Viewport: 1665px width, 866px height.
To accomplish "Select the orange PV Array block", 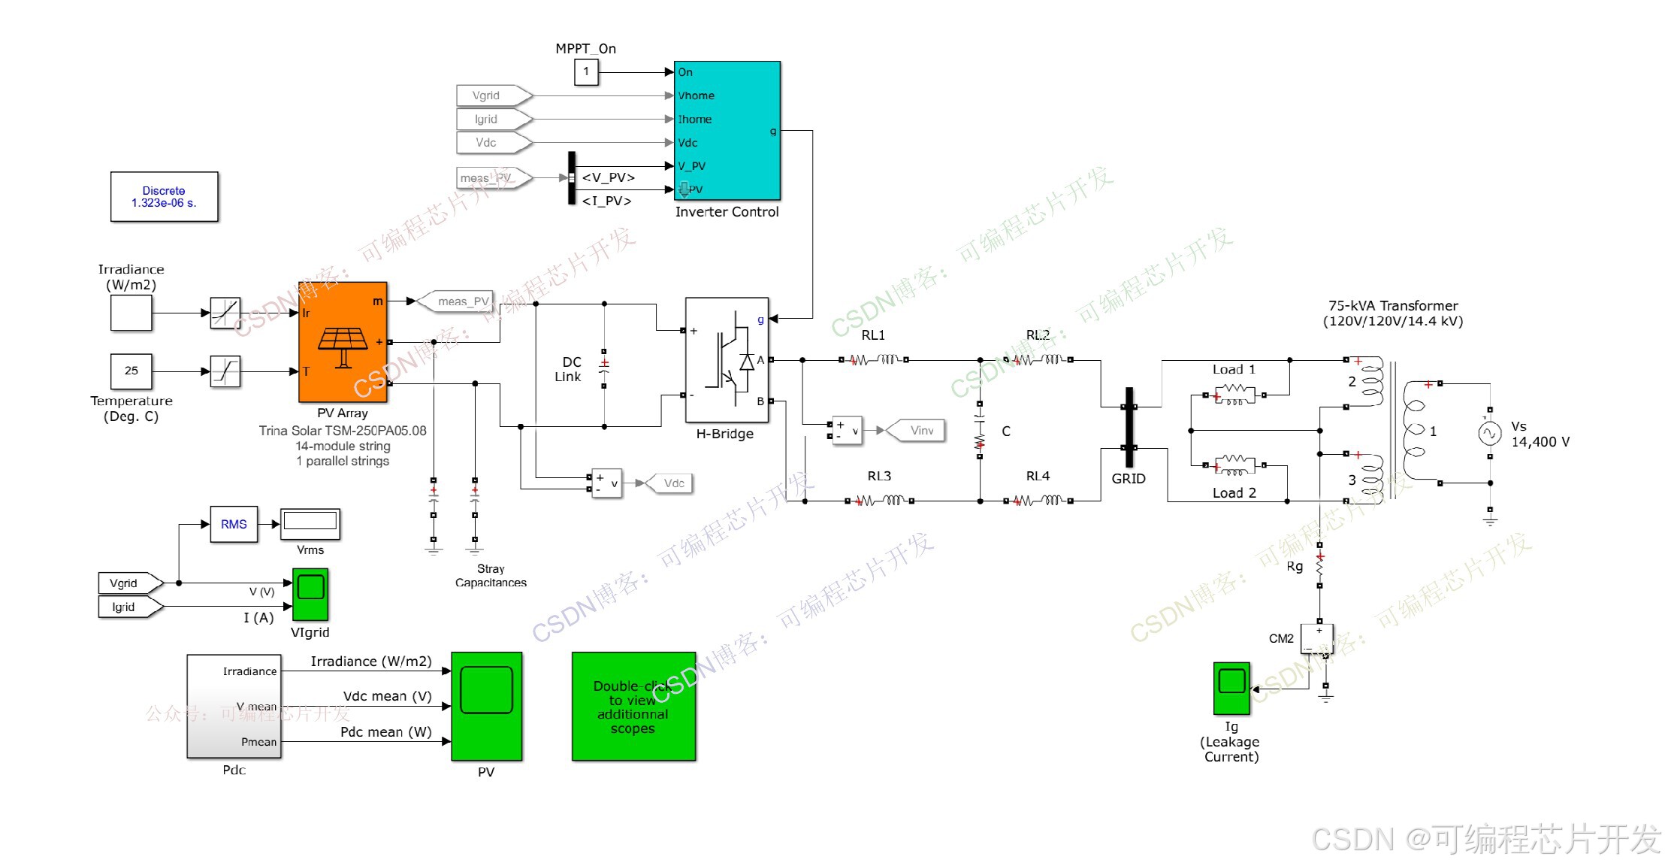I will click(x=343, y=342).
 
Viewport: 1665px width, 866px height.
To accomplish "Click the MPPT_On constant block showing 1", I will click(x=586, y=72).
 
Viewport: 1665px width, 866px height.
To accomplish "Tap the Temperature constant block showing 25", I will click(x=131, y=371).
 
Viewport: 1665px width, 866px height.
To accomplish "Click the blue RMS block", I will click(x=234, y=524).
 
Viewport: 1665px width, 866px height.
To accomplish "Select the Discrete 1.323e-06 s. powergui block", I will click(x=164, y=197).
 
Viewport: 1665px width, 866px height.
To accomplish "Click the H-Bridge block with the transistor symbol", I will click(x=726, y=360).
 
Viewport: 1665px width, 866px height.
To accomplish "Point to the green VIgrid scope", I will click(x=310, y=594).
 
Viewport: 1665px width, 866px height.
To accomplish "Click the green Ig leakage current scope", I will click(x=1231, y=688).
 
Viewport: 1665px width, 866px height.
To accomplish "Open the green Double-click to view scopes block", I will click(x=633, y=707).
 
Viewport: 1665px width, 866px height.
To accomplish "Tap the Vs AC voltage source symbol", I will click(x=1489, y=434).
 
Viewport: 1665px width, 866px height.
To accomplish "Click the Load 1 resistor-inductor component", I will click(x=1234, y=395).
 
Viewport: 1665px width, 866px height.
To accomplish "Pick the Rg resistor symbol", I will click(x=1319, y=565).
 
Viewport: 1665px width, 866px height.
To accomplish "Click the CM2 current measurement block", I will click(x=1317, y=639).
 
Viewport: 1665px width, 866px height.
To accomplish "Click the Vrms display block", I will click(x=310, y=523).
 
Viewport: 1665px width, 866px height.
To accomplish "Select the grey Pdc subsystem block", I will click(x=234, y=706).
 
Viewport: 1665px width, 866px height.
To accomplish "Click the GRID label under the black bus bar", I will click(x=1128, y=479).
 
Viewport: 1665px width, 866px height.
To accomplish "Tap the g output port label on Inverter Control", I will click(x=772, y=132).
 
